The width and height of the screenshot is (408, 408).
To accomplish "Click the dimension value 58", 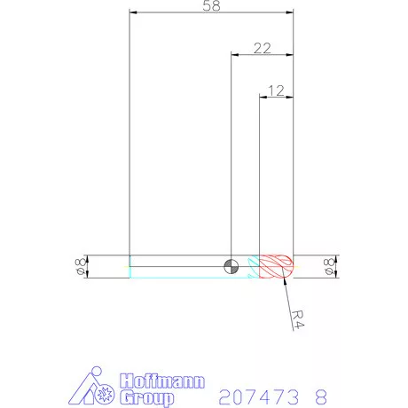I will pos(211,6).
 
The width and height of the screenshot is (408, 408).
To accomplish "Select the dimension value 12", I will pos(275,90).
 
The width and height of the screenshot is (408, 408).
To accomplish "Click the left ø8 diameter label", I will pos(80,266).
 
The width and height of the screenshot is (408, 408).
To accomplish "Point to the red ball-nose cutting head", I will pos(278,266).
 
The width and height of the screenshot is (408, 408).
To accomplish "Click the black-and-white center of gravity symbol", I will pos(231,266).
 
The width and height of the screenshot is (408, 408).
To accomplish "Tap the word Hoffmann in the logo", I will pos(161,381).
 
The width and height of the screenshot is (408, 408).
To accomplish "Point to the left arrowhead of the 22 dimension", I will pos(235,56).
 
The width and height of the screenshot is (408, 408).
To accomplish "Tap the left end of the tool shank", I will pos(131,266).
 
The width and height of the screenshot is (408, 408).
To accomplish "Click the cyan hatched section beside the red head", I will pos(254,266).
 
